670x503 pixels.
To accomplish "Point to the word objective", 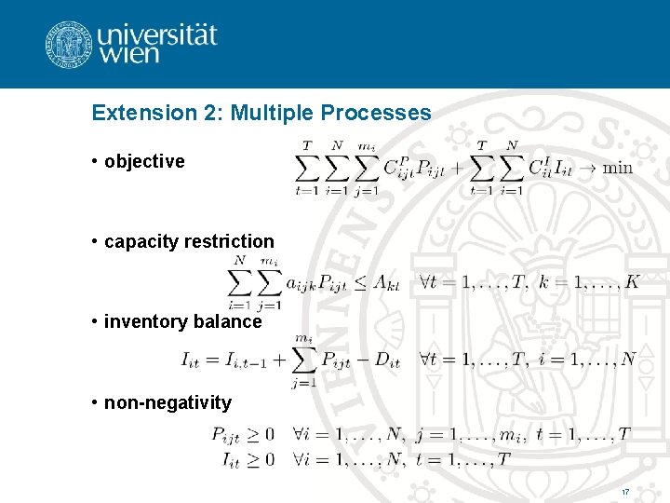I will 144,161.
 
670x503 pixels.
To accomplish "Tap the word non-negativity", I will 167,402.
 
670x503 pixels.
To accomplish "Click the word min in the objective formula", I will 617,168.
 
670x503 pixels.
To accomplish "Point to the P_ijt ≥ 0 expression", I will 243,433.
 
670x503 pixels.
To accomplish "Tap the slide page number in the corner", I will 625,491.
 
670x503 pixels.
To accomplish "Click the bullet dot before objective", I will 96,161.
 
